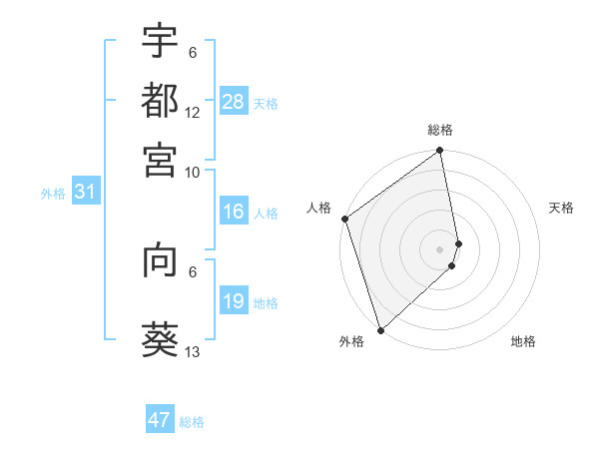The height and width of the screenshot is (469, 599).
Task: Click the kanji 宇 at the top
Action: [x=160, y=41]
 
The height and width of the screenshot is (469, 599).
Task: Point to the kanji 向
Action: [x=160, y=260]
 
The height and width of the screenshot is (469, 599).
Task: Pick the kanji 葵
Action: [x=160, y=339]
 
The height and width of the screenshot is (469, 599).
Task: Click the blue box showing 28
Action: [x=234, y=101]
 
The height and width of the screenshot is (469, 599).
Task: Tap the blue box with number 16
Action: [x=234, y=212]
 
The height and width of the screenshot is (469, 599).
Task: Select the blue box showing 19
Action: [x=234, y=301]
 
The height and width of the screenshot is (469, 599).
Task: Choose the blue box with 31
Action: [x=85, y=192]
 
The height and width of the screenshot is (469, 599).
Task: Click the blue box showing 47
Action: [x=160, y=420]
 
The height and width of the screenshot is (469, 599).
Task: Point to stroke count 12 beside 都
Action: [x=193, y=113]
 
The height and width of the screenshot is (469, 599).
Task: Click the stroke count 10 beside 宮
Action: [x=193, y=172]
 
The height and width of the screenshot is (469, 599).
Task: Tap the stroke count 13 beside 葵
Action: [x=193, y=352]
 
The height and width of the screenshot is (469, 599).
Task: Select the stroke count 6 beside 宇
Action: [x=193, y=53]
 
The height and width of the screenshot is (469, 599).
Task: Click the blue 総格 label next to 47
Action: [x=192, y=422]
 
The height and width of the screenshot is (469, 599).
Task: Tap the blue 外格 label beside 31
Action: [x=52, y=194]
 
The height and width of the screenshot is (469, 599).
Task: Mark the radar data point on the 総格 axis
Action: [x=440, y=152]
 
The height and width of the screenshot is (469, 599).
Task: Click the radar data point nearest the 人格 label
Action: [x=344, y=219]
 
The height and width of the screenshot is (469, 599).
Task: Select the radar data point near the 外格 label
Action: [x=380, y=328]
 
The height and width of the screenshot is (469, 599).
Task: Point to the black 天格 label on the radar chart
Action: [x=561, y=208]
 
